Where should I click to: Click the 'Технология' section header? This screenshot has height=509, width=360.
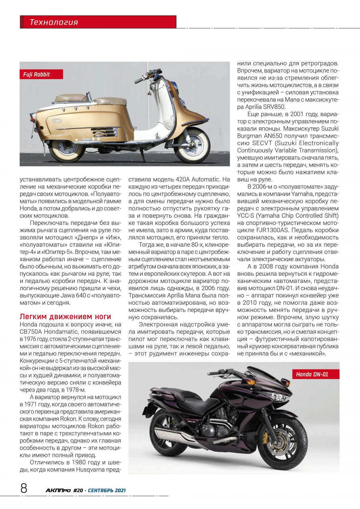[54, 22]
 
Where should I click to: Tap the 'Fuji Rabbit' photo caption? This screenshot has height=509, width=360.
[37, 74]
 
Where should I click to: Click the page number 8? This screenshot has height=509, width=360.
[24, 489]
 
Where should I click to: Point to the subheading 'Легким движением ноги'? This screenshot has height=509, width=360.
[65, 317]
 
